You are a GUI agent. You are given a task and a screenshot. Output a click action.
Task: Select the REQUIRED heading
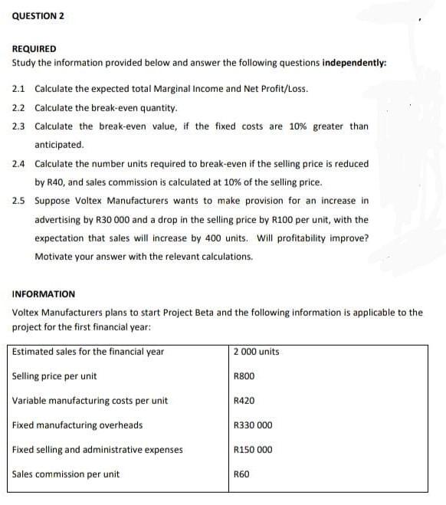(34, 48)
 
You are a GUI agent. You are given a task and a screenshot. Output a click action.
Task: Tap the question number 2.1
(19, 89)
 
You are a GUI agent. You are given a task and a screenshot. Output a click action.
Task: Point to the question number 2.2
(19, 107)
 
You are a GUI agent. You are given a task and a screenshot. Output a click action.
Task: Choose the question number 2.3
(19, 126)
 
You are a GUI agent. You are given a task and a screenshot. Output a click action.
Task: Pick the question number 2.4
(19, 164)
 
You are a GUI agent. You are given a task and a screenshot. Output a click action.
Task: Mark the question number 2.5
(19, 201)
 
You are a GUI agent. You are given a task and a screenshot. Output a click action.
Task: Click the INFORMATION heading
(44, 293)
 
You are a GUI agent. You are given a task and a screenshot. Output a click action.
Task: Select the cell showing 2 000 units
(256, 352)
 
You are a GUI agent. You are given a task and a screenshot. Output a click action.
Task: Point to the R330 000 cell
(252, 425)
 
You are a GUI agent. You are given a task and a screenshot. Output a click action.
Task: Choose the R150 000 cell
(252, 450)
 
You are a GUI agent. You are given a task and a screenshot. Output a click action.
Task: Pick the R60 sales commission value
(241, 474)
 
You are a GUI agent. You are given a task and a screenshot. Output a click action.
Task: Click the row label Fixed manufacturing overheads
(77, 425)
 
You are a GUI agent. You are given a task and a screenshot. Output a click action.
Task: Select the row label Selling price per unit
(54, 376)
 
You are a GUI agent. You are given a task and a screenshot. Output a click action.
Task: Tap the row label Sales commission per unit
(66, 474)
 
